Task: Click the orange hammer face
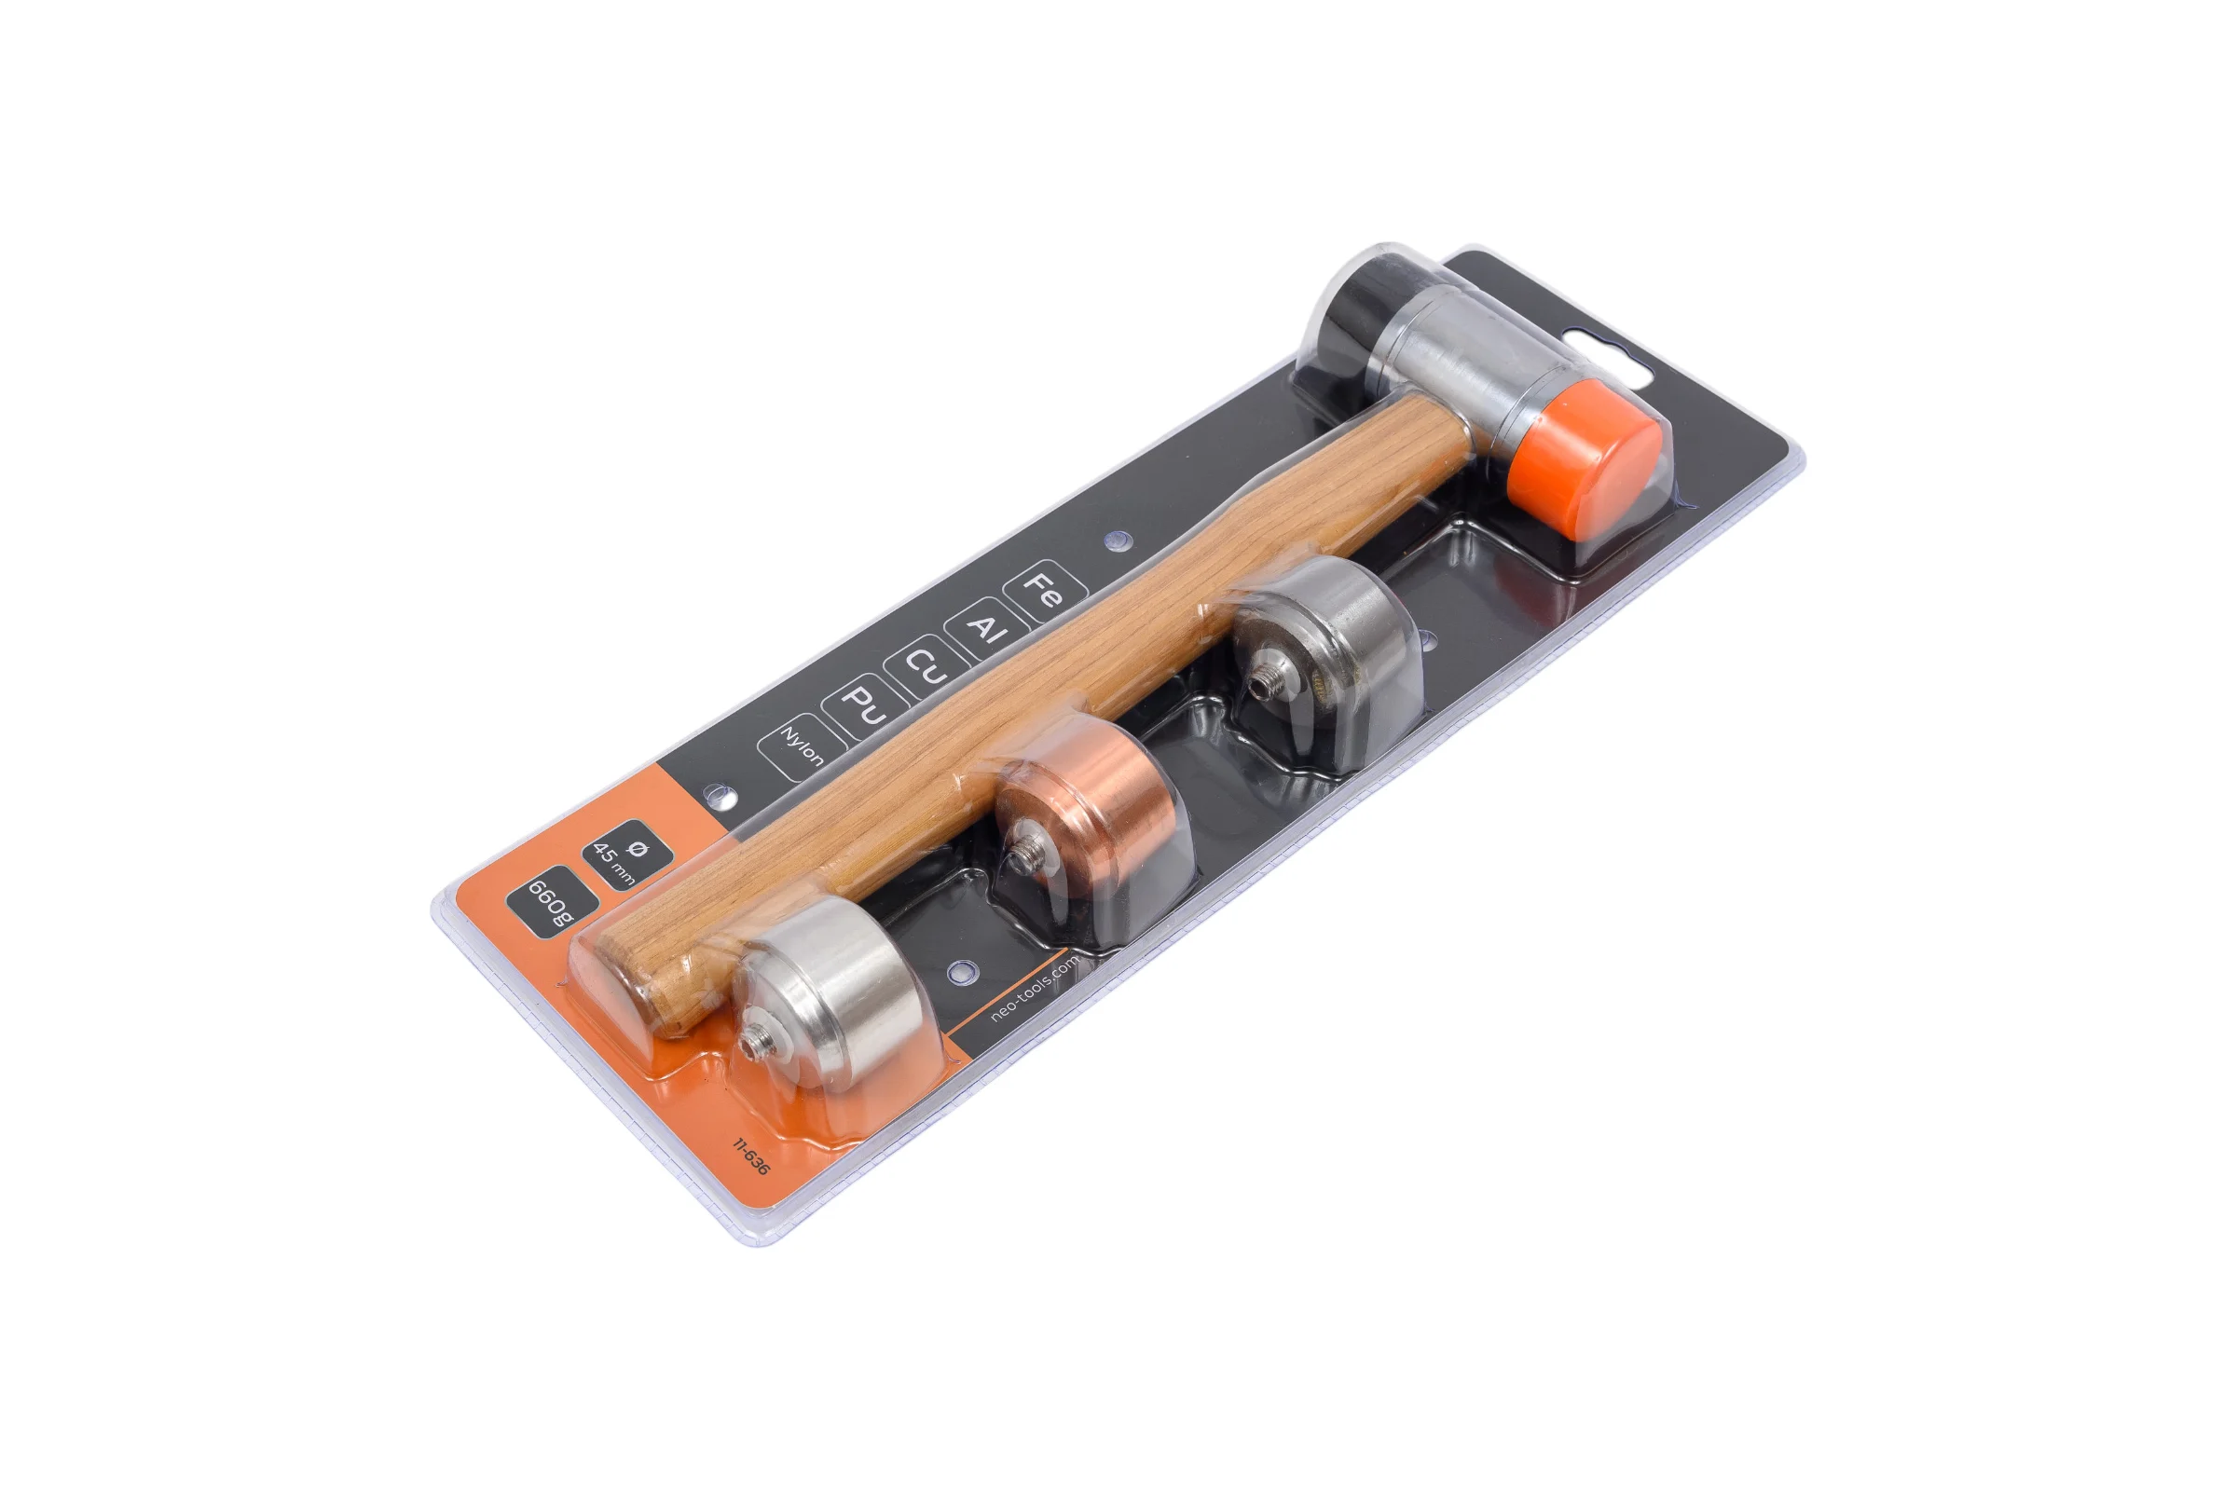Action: coord(1584,459)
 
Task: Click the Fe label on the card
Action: coord(1046,590)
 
